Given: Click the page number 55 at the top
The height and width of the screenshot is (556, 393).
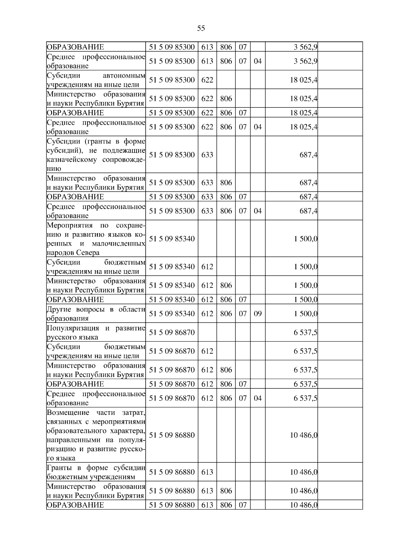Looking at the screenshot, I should (x=201, y=28).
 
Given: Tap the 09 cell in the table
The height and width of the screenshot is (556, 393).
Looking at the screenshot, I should (x=258, y=314).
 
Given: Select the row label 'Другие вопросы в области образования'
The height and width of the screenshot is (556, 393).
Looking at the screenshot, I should (x=96, y=314).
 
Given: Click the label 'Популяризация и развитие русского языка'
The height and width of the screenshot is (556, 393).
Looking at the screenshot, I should (x=96, y=332).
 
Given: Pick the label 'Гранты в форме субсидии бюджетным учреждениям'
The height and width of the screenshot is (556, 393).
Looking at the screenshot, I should (x=96, y=472).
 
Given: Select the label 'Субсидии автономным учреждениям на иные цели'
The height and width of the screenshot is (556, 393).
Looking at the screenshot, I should (x=96, y=80).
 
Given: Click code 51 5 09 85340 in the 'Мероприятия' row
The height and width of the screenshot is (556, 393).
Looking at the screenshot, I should (x=172, y=239).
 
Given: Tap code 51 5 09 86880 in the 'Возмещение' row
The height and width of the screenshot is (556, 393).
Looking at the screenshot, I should (x=172, y=435).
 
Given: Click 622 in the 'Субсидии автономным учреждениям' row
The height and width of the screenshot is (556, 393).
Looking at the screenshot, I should (x=207, y=80).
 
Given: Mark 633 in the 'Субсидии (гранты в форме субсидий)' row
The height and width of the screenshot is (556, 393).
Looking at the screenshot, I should (x=207, y=155).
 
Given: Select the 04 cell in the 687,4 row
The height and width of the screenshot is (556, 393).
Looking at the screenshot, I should (x=258, y=211).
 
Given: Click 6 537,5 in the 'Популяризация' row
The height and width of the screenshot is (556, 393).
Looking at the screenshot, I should (x=306, y=332).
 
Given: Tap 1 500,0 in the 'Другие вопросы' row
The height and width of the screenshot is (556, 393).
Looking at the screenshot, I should (x=306, y=314).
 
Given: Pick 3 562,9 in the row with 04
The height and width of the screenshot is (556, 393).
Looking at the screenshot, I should (x=306, y=61).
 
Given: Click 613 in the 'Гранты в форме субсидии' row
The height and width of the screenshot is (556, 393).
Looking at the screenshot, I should (x=207, y=472).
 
